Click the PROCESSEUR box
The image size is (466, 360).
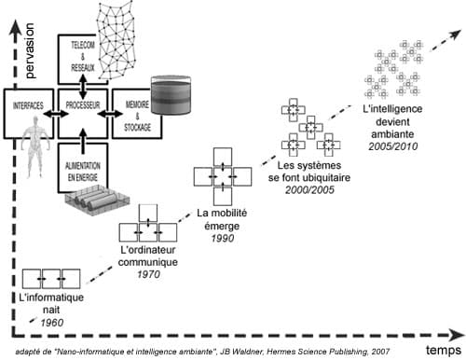point(84,113)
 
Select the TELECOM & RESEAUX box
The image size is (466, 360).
point(84,58)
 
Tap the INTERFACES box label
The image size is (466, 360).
point(28,106)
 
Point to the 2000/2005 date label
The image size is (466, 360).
point(309,187)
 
